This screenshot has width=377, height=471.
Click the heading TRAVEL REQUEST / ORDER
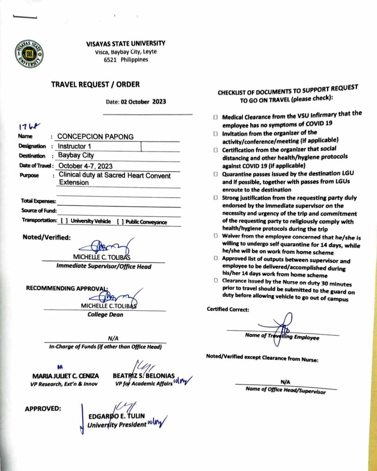[95, 84]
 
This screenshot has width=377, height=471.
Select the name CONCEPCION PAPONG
[95, 137]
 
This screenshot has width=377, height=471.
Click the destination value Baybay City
[76, 156]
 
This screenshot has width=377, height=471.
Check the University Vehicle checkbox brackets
[64, 222]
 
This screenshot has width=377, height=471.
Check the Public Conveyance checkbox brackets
[120, 222]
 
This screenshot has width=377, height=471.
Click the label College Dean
[105, 315]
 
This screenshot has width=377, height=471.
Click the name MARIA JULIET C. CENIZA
[66, 376]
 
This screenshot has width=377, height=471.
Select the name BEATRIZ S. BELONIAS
[144, 375]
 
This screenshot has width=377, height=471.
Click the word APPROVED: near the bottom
[43, 408]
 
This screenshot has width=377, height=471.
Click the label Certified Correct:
[228, 310]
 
